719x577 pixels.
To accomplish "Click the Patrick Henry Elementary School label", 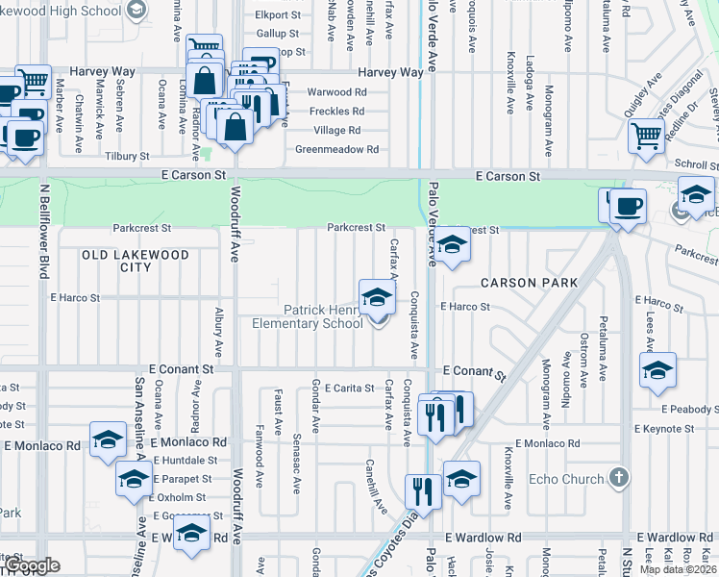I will point(308,316).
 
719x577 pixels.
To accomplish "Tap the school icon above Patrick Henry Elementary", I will point(377,298).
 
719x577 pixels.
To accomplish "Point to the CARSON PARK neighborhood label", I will point(529,283).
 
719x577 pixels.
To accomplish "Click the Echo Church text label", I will point(567,479).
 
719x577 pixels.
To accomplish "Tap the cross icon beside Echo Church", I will point(620,477).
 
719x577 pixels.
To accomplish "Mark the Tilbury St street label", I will point(127,156).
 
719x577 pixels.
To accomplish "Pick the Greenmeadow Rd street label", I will point(336,149).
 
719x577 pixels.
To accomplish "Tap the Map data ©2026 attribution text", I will point(679,569).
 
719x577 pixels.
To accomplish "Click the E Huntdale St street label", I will point(190,461).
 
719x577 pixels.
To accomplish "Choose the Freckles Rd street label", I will point(336,112).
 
